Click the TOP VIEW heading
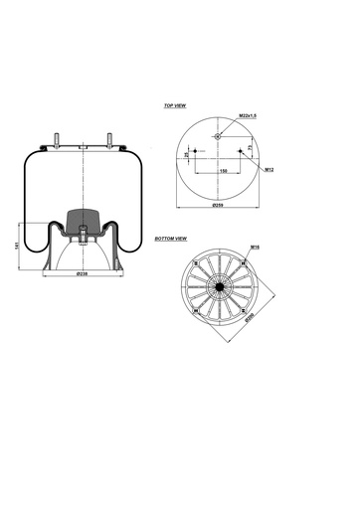[177, 104]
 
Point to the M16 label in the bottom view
[255, 247]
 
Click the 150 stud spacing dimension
[221, 170]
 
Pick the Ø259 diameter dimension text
[220, 205]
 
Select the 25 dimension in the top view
[188, 155]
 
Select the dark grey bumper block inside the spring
[84, 220]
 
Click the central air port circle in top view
[219, 133]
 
